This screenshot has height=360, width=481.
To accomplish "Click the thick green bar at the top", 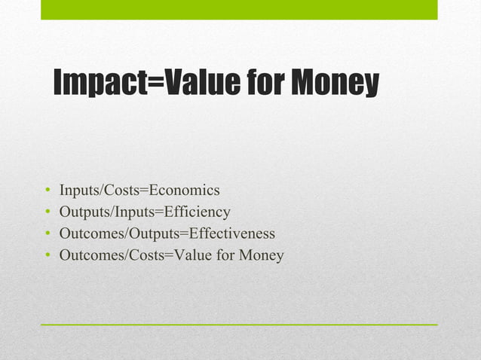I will pyautogui.click(x=239, y=9).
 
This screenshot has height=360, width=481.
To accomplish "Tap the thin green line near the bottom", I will pyautogui.click(x=239, y=324).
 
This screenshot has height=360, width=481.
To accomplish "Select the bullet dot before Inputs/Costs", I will pyautogui.click(x=47, y=191).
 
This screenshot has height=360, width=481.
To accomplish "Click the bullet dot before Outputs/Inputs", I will pyautogui.click(x=47, y=212).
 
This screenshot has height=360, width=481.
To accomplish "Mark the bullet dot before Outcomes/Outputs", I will pyautogui.click(x=47, y=234).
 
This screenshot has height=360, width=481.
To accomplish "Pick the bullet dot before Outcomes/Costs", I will pyautogui.click(x=47, y=256).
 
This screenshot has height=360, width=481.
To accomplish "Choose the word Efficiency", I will pyautogui.click(x=198, y=212).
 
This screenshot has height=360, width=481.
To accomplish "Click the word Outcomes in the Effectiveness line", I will pyautogui.click(x=89, y=233).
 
